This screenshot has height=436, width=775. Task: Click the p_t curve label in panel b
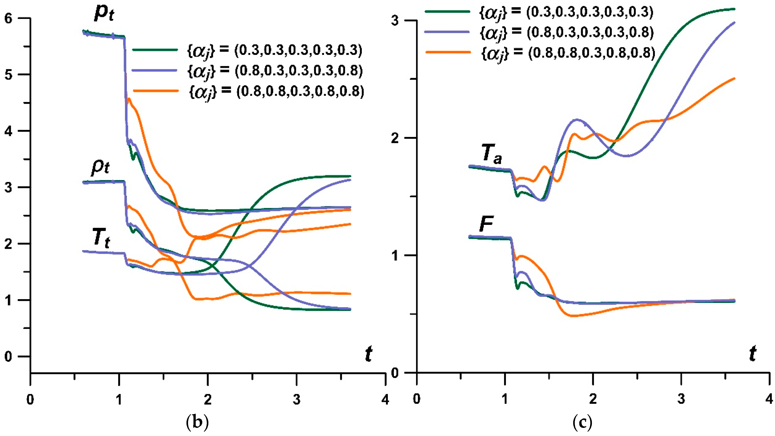(x=104, y=14)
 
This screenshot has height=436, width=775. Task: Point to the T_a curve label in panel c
(x=491, y=154)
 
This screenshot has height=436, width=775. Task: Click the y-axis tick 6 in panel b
(x=8, y=19)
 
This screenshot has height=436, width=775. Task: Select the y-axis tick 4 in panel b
(x=8, y=131)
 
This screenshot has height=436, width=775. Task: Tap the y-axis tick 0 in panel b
(x=8, y=357)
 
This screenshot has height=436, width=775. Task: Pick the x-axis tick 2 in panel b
(x=208, y=400)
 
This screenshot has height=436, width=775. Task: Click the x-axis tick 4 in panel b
(x=385, y=400)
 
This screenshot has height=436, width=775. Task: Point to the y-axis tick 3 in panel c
(x=395, y=21)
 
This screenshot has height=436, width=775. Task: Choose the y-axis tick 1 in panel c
(x=395, y=256)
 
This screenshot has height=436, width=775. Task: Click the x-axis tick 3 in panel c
(x=681, y=399)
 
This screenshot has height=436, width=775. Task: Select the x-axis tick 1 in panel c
(x=505, y=399)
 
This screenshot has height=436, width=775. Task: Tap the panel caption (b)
(x=197, y=422)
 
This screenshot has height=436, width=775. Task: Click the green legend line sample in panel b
(x=155, y=50)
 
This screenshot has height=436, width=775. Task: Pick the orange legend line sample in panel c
(x=448, y=52)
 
